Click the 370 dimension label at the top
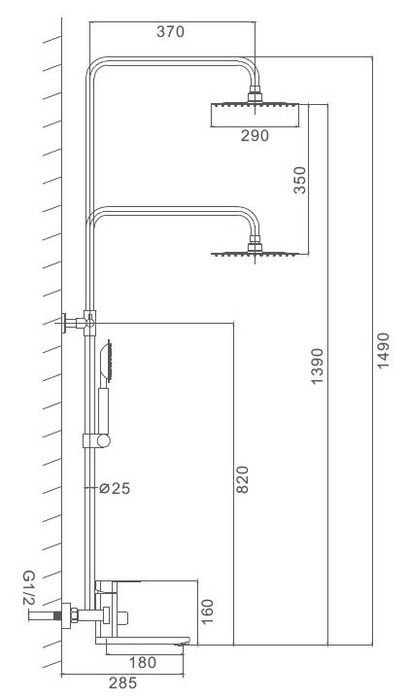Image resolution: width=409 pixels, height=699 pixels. point(170,32)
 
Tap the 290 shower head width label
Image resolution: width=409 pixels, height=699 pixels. point(255,135)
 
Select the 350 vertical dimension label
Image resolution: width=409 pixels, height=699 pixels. point(300,180)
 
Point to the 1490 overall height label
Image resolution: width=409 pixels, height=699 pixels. point(383,350)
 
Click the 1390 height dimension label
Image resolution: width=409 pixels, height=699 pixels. point(318,366)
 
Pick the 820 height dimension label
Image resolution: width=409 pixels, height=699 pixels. point(242,479)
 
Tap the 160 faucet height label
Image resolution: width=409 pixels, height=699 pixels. point(208,612)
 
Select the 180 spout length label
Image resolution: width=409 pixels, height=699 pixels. point(143,662)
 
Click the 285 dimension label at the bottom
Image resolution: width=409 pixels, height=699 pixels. point(123,682)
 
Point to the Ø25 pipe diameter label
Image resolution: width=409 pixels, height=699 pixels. point(115,489)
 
